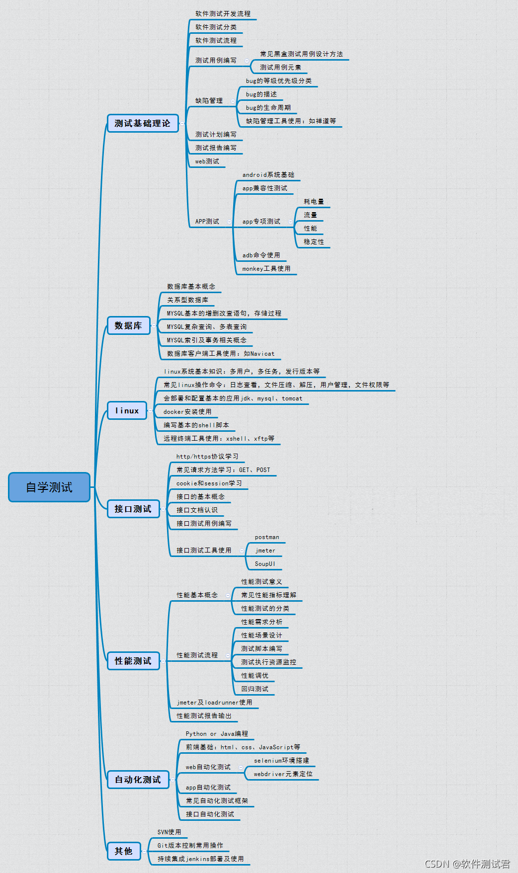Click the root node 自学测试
(49, 487)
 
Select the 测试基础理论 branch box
(143, 123)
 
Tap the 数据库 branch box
(129, 325)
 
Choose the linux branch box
(127, 410)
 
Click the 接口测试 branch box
(133, 509)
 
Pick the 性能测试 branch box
(133, 661)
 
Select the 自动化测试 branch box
(138, 780)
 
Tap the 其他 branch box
(124, 851)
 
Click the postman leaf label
(267, 537)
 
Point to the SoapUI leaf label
(265, 564)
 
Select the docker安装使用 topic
(187, 412)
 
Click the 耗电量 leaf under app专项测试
(314, 202)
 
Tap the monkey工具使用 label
(266, 269)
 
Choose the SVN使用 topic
(169, 832)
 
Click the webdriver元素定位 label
(283, 774)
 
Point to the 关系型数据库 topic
(188, 300)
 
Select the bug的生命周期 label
(268, 108)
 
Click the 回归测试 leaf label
(255, 689)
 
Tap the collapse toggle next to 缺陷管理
(233, 101)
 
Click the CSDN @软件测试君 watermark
(467, 864)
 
